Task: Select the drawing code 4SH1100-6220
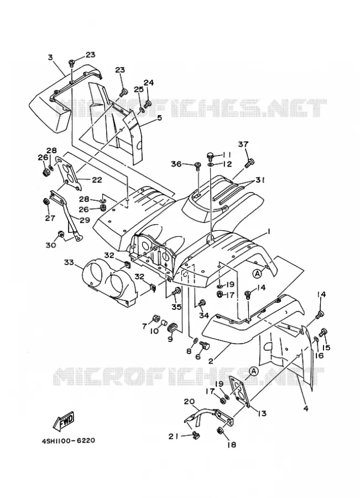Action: click(x=69, y=441)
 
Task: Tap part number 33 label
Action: click(x=69, y=263)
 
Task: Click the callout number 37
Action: click(x=243, y=144)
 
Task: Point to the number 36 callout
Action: click(x=176, y=164)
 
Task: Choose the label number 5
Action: click(x=159, y=117)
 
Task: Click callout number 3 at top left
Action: click(x=50, y=57)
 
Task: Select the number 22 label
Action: click(x=97, y=180)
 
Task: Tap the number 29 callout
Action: click(x=85, y=220)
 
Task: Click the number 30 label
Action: click(x=51, y=245)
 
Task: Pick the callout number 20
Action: click(x=189, y=402)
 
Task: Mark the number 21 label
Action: click(x=173, y=437)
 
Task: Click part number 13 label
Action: click(x=262, y=413)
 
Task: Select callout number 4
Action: click(x=306, y=408)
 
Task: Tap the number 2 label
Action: click(x=211, y=360)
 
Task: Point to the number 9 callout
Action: click(x=170, y=339)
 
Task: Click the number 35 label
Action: click(x=176, y=307)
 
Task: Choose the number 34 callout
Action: click(x=204, y=315)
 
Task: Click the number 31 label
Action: click(x=260, y=180)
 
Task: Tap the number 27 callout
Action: click(x=50, y=218)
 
